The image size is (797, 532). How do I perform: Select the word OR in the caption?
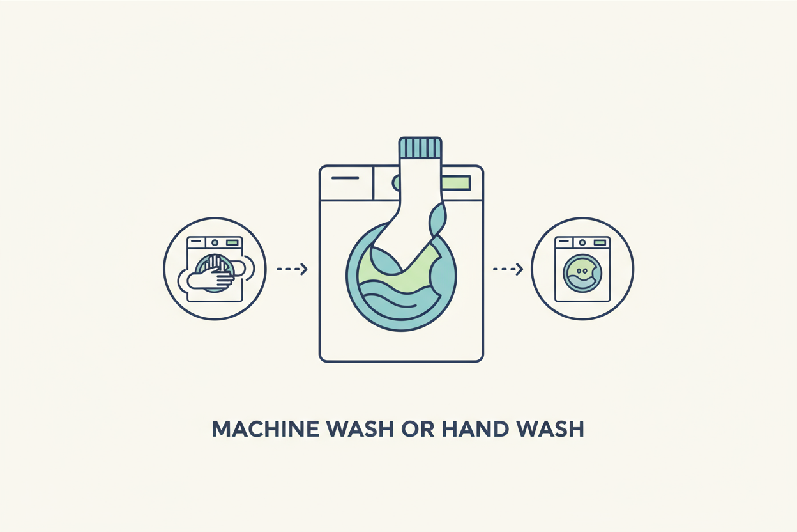pos(418,429)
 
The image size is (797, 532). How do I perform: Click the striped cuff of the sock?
pos(420,148)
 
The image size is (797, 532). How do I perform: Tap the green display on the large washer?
pos(457,183)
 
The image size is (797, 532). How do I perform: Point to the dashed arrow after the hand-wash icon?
pos(292,269)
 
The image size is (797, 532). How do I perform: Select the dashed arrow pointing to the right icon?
pos(508,269)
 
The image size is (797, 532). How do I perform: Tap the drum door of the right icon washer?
pos(582,274)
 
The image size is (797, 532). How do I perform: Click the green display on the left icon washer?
pos(232,242)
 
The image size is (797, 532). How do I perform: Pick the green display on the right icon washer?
pos(600,242)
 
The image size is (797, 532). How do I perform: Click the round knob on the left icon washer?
pos(215,242)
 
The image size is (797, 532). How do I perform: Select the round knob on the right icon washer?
pos(582,242)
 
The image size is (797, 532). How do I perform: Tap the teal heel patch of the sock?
pos(437,219)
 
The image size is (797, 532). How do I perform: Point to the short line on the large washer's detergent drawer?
pos(345,178)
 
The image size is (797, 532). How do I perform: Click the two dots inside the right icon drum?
pos(582,271)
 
